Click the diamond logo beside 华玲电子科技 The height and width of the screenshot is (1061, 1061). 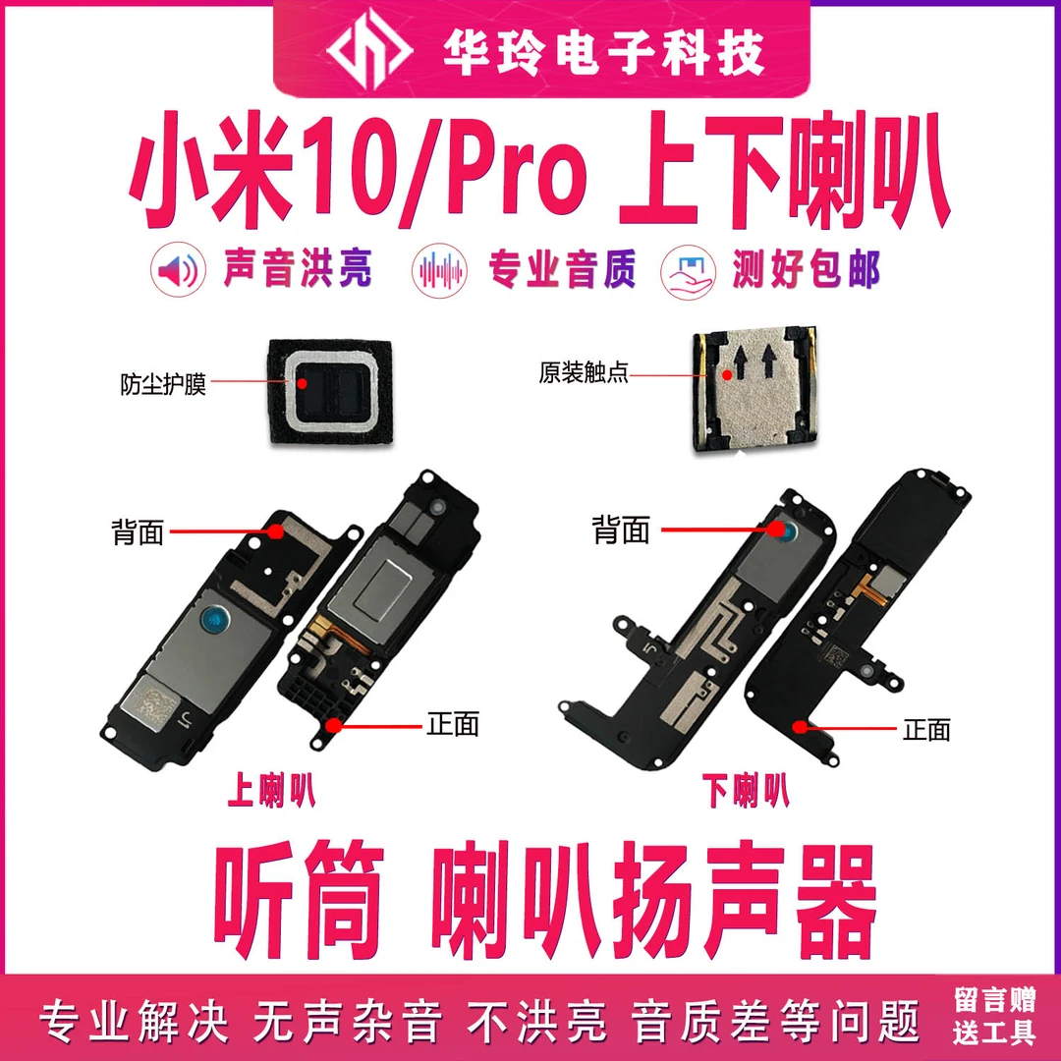coord(368,51)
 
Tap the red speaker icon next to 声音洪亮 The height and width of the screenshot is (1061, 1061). coord(178,270)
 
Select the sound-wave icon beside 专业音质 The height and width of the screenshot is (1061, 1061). coord(440,270)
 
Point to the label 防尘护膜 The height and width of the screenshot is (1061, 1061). coord(163,384)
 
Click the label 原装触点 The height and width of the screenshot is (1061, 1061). coord(584,373)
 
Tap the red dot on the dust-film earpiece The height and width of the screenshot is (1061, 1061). coord(303,384)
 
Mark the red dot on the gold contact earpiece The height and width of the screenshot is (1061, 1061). coord(726,374)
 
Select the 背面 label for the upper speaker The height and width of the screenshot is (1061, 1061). coord(139,531)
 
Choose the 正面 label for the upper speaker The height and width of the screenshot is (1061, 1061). coord(453,725)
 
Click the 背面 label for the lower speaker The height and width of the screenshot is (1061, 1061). coord(621,530)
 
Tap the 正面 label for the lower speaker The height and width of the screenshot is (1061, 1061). coord(926,730)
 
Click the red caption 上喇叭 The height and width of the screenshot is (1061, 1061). coord(271,790)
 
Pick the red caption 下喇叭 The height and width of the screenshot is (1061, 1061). coord(745,790)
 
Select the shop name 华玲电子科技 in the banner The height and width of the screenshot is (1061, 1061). coord(604,52)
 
